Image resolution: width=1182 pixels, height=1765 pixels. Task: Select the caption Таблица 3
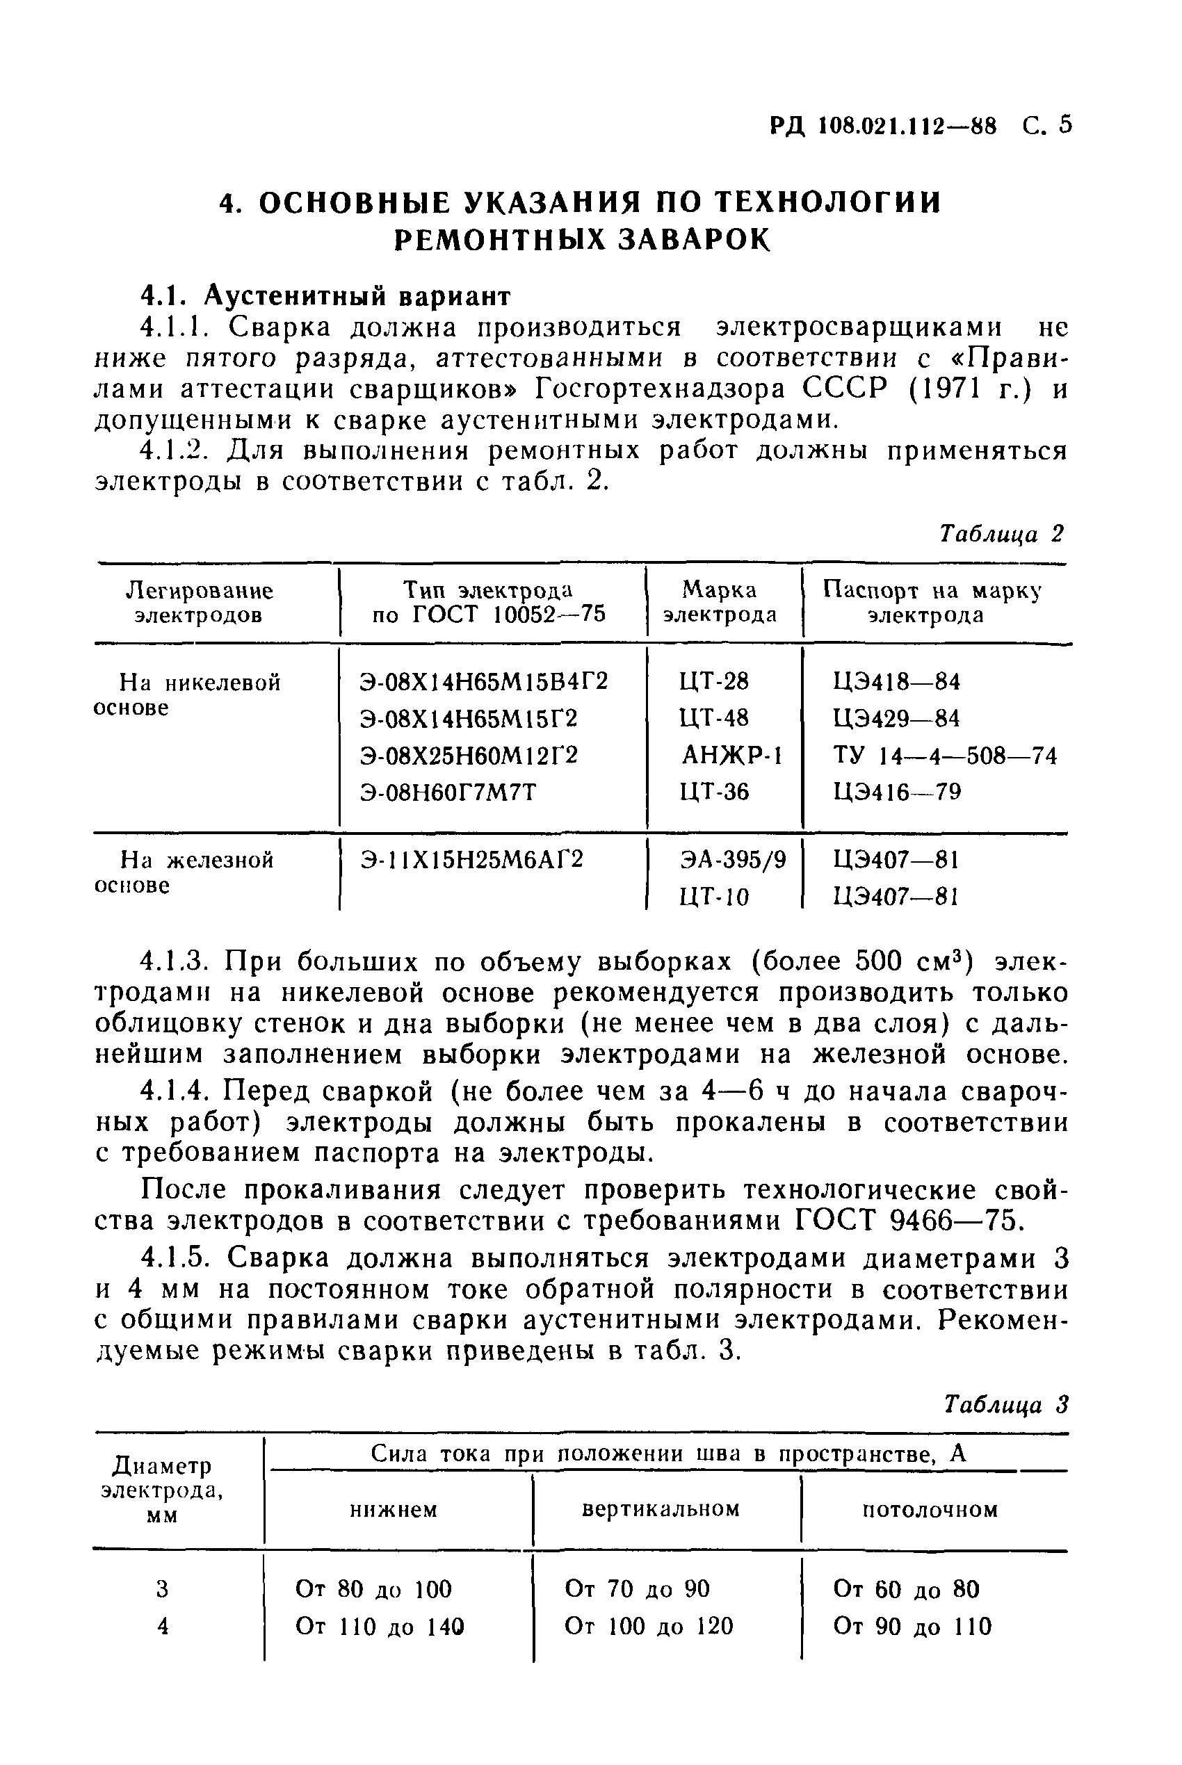[x=1006, y=1405]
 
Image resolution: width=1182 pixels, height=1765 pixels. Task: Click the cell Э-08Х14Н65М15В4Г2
[x=484, y=682]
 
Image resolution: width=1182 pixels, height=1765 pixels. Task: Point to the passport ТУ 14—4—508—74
[x=944, y=755]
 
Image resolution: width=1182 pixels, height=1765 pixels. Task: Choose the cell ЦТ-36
[x=714, y=792]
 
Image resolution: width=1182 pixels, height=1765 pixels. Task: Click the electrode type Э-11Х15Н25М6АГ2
[x=472, y=859]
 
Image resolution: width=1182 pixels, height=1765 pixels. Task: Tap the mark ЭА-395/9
[x=732, y=859]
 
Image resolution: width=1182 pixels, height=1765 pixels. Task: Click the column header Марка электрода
[x=719, y=602]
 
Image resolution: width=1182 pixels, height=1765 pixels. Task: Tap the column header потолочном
[x=930, y=1509]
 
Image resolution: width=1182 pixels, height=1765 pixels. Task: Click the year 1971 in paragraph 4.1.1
[x=948, y=389]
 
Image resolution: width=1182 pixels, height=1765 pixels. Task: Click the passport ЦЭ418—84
[x=896, y=682]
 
